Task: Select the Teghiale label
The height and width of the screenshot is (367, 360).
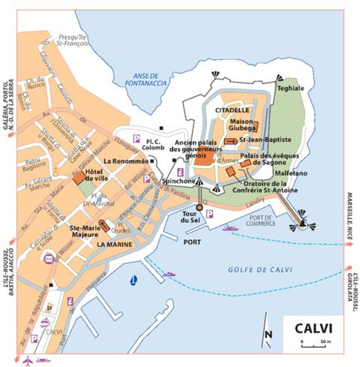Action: coord(291,88)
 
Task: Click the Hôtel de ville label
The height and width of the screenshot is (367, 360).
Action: coord(104,176)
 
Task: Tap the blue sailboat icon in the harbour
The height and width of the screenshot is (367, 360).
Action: coord(133,281)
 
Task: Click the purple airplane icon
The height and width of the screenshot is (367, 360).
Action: coord(28,360)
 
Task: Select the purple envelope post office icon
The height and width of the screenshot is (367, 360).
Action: coord(49,258)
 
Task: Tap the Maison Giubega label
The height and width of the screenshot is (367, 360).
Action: coord(241,125)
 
